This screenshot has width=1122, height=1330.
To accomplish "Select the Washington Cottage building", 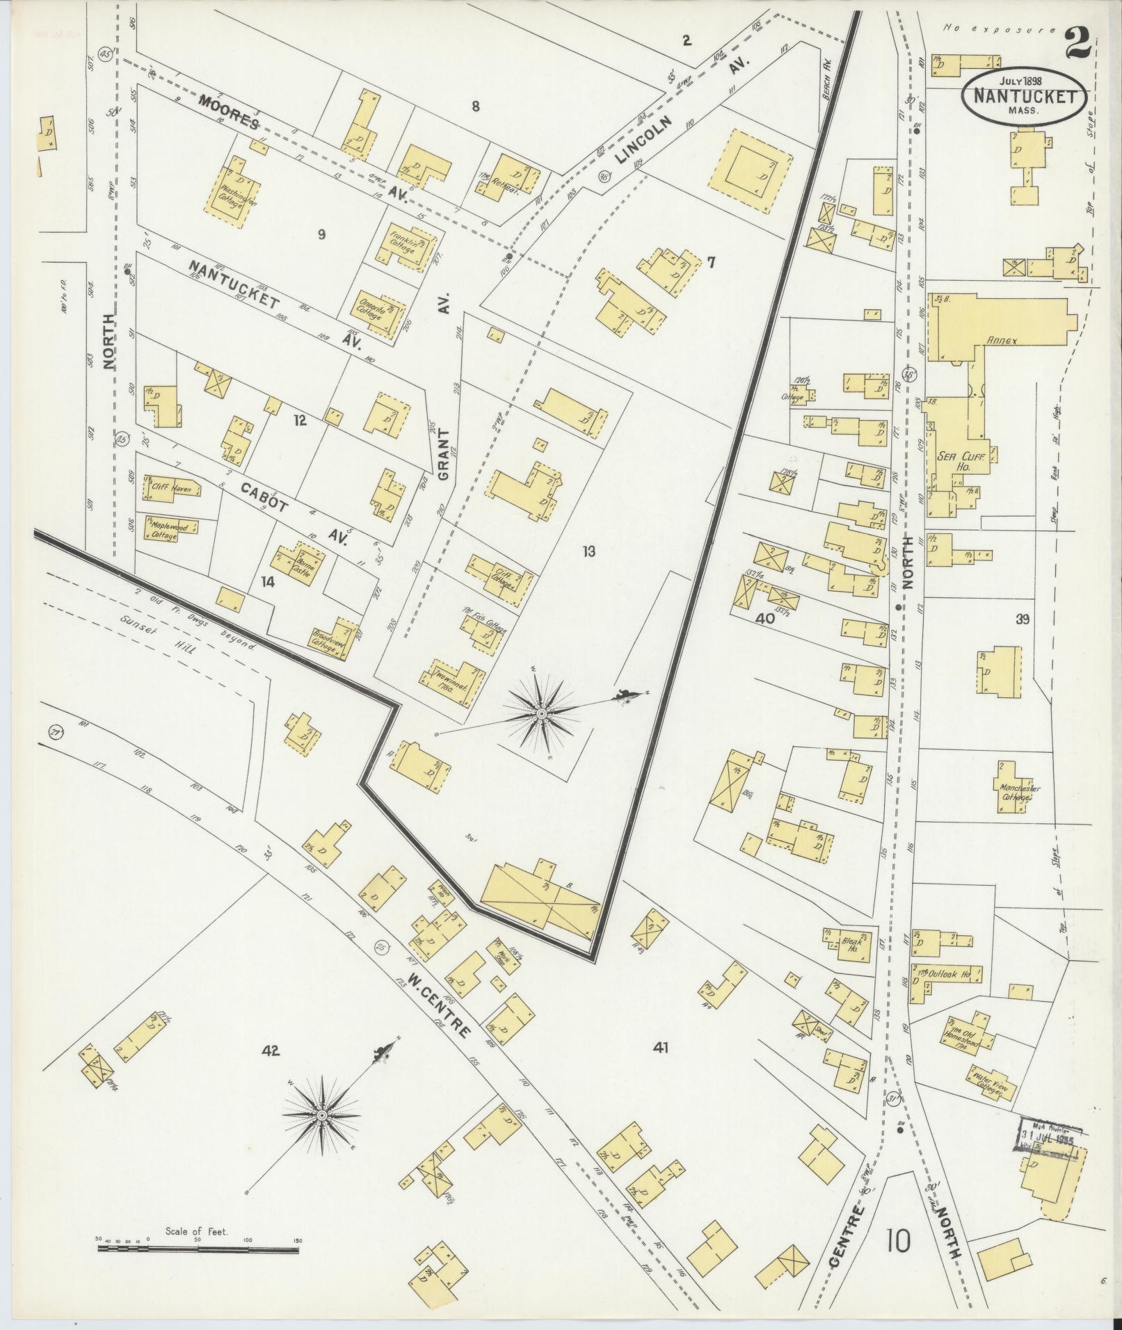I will tap(233, 188).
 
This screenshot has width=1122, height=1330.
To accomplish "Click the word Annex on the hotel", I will tap(1001, 341).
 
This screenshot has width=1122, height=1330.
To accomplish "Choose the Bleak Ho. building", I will tap(849, 944).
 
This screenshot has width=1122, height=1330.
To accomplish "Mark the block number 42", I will tap(270, 1071).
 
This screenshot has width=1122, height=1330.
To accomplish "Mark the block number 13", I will tap(589, 552).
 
